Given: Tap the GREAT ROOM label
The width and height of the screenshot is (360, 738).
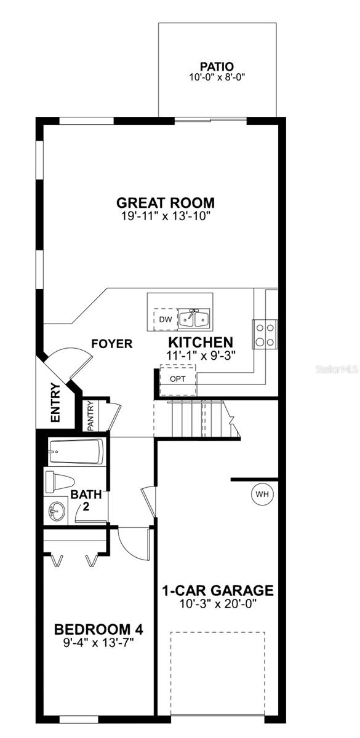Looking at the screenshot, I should tap(166, 202).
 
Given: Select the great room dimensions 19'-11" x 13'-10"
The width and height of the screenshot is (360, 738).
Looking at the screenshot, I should tap(166, 216).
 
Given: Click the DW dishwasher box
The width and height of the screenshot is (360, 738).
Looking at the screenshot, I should tap(164, 319).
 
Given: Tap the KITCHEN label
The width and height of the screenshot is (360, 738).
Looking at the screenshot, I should tap(201, 343).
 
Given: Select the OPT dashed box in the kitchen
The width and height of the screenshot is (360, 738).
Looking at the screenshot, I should tap(177, 378).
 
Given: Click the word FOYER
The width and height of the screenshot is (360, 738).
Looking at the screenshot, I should tap(112, 344).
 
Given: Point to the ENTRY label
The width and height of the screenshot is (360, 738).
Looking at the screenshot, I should tap(55, 403).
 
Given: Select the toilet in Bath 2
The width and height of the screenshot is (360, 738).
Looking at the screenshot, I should tap(60, 481).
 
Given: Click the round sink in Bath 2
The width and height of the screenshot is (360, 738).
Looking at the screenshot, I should tap(57, 510).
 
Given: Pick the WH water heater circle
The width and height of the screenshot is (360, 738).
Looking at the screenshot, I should tap(262, 493).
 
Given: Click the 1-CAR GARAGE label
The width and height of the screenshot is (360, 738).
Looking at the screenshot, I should tap(217, 590).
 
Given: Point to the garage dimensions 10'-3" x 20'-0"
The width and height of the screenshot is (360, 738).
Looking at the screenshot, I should tap(217, 604).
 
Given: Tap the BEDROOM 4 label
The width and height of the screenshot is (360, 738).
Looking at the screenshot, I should tap(99, 630).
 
